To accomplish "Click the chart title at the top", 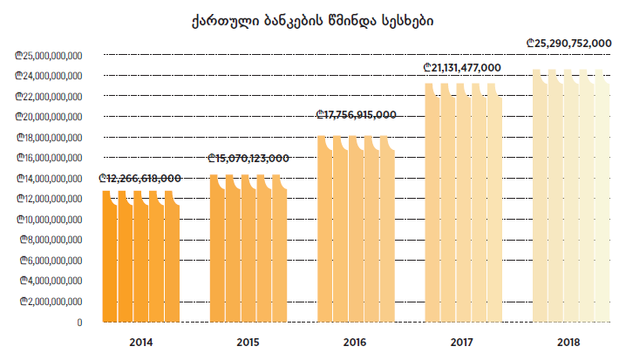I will click(x=313, y=18).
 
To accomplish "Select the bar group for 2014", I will click(x=140, y=257).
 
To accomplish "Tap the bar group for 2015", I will click(x=248, y=249).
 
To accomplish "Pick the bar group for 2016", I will click(x=356, y=231).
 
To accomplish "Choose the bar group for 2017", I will click(x=464, y=205).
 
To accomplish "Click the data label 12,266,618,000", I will click(x=140, y=178).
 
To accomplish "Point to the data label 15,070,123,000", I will click(x=248, y=158).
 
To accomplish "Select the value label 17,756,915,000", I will click(x=356, y=114).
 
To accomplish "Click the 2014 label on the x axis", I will click(x=140, y=342).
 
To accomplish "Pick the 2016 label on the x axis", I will click(x=356, y=342).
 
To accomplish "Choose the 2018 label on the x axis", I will click(x=571, y=342).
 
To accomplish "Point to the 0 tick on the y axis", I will click(x=79, y=322).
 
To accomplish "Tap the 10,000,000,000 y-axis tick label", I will click(x=49, y=219).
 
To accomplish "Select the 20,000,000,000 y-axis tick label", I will click(x=49, y=117).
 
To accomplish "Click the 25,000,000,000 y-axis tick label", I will click(x=49, y=55).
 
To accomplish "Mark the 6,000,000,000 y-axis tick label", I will click(x=51, y=260).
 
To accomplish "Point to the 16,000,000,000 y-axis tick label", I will click(x=49, y=158).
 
